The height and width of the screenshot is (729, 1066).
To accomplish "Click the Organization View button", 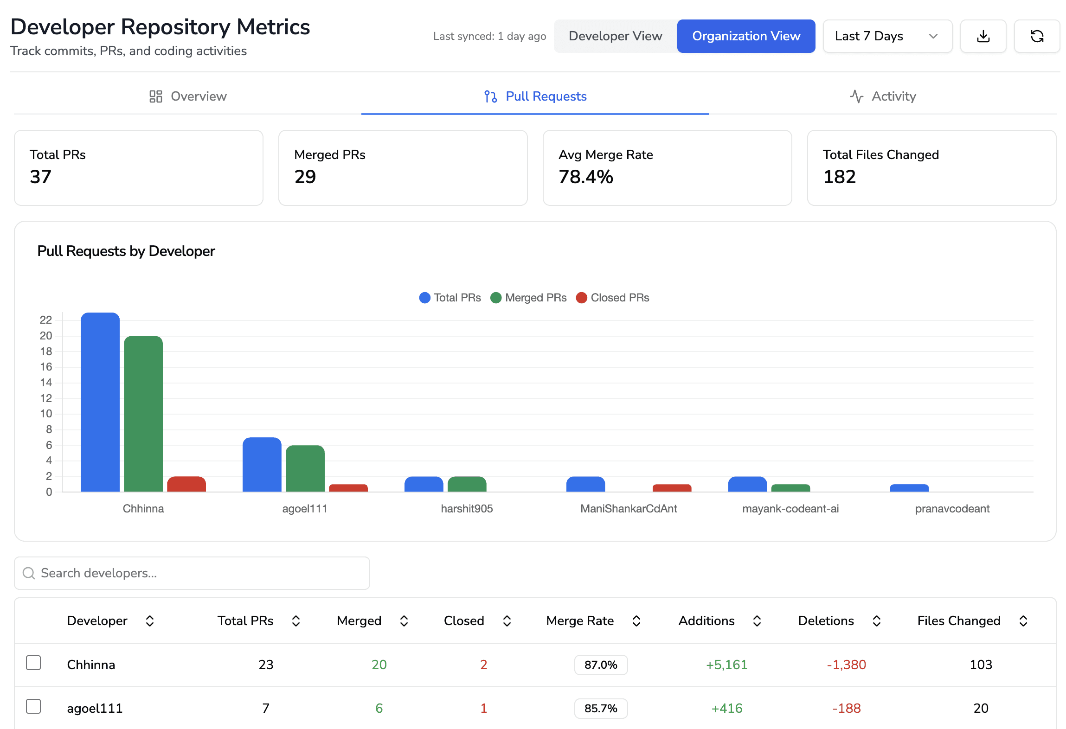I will (745, 36).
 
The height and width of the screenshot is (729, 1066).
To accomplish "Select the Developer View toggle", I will (615, 36).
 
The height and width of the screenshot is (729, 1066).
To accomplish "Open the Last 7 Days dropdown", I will (886, 36).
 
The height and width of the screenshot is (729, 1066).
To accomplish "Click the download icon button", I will (983, 36).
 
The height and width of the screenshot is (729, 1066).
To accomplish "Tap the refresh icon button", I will (1036, 36).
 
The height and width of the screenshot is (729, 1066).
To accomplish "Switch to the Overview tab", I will (188, 96).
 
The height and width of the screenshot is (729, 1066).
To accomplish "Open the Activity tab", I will (883, 96).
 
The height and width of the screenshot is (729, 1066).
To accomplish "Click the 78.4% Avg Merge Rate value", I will (585, 177).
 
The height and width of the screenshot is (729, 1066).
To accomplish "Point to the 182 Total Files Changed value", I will (839, 177).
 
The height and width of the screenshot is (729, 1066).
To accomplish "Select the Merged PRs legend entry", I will (528, 298).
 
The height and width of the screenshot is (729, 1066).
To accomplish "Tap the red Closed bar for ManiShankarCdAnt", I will (671, 488).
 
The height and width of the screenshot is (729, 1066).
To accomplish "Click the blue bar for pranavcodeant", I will (909, 488).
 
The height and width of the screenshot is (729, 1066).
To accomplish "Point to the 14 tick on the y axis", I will (46, 383).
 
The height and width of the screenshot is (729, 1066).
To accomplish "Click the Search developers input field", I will (192, 573).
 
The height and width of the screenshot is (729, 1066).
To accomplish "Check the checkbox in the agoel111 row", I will (33, 707).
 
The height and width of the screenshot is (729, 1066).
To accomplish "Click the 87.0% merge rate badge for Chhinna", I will (600, 665).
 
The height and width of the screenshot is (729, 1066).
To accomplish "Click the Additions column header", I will (706, 621).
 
